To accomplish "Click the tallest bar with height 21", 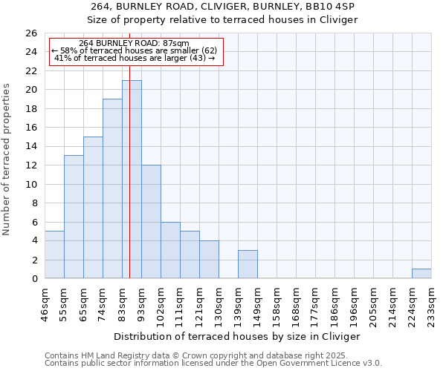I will point(132,179).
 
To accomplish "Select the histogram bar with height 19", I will point(112,188).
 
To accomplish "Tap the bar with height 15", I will point(93,208).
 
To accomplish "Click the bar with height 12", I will point(151,222).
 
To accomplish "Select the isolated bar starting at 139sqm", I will point(248,264).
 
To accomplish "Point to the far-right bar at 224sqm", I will point(421,274).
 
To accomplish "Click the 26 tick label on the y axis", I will point(31,33).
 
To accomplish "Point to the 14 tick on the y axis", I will point(31,147).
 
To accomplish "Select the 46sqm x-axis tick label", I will point(45,303).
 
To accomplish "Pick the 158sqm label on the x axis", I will point(277,303).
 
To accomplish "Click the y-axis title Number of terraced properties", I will point(8,160).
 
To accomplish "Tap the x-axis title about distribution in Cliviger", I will point(237,336).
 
